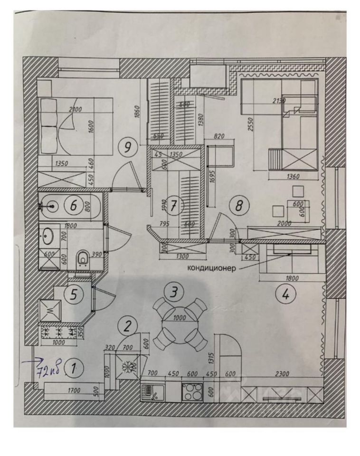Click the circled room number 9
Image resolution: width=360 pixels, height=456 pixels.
tap(127, 147)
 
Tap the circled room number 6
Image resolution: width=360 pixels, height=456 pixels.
tap(74, 206)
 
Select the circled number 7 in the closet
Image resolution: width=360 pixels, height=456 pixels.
tap(174, 206)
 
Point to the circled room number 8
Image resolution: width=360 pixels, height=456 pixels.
tap(239, 205)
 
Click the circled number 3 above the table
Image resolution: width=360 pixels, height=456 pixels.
tap(175, 291)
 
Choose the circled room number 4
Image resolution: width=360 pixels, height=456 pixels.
tap(285, 294)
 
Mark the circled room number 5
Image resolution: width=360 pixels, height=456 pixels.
tap(74, 294)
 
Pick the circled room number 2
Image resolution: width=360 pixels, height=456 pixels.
tap(128, 325)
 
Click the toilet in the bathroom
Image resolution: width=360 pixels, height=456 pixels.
tap(82, 259)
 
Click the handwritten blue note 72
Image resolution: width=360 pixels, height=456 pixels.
tap(48, 368)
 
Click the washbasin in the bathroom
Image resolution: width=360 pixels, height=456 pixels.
tap(48, 235)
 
